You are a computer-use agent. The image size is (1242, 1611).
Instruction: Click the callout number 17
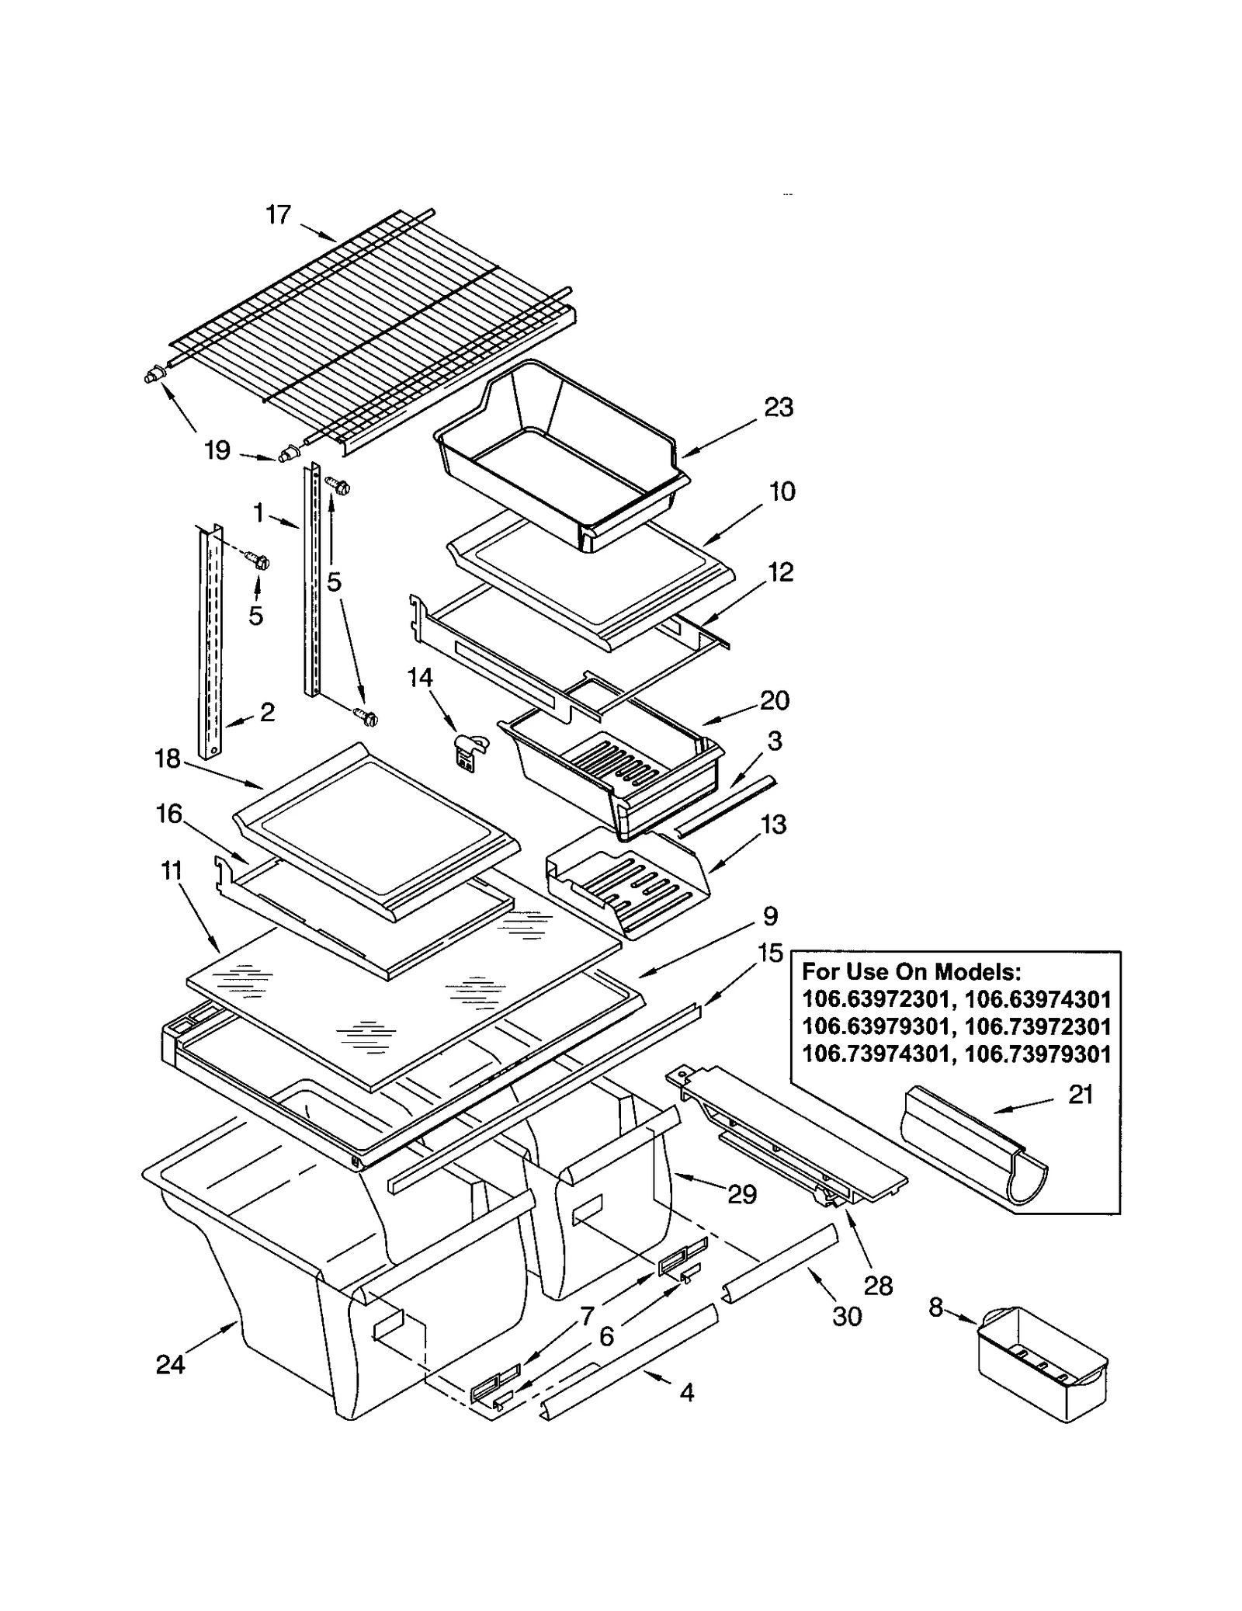click(278, 214)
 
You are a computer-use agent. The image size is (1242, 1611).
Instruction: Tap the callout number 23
click(779, 407)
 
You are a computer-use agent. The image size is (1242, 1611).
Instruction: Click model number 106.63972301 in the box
click(874, 999)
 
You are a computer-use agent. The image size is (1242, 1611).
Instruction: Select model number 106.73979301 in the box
click(1037, 1054)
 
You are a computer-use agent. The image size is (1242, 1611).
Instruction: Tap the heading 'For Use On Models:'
click(911, 971)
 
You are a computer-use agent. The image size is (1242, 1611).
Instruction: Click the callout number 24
click(170, 1364)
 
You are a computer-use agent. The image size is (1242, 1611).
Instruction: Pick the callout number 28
click(878, 1286)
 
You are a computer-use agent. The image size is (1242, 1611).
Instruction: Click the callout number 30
click(847, 1316)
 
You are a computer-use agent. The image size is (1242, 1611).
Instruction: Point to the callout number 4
click(687, 1393)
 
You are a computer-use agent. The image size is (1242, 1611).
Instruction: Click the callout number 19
click(217, 450)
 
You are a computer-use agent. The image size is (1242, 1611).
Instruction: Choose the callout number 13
click(774, 824)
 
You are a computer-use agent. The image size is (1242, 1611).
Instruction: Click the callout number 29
click(741, 1194)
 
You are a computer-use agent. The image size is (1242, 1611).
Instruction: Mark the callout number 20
click(775, 700)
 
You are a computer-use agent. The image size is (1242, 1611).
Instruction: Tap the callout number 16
click(168, 814)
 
